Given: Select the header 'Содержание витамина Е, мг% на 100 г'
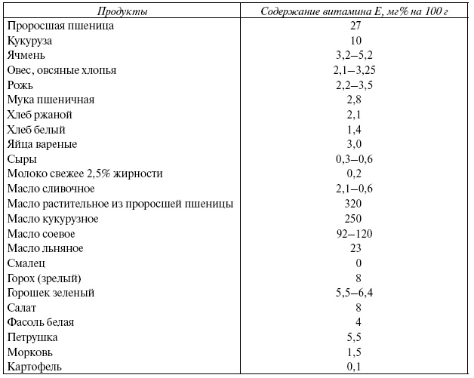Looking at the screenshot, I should [354, 11].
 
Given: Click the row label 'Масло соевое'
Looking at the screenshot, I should [42, 233].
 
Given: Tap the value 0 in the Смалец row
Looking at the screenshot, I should [358, 263].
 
